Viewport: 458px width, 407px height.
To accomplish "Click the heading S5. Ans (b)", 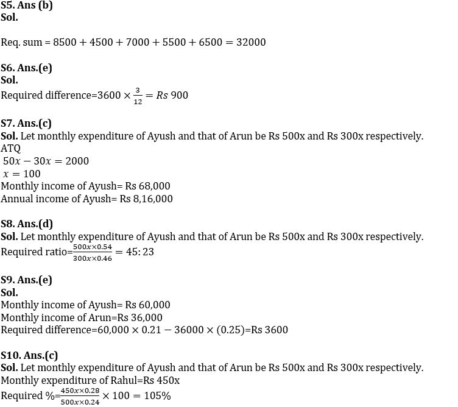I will click(x=27, y=5).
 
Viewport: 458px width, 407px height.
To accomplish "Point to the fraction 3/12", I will click(x=138, y=96).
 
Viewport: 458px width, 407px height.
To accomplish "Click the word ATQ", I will click(x=11, y=148).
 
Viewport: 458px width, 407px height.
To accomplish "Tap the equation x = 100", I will click(x=22, y=174).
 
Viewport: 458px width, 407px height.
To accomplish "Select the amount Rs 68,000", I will click(x=148, y=186).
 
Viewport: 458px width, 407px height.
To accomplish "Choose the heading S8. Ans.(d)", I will click(x=27, y=224).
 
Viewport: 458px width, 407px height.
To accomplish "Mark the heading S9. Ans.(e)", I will click(x=26, y=280).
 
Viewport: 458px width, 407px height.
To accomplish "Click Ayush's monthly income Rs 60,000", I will click(x=148, y=305).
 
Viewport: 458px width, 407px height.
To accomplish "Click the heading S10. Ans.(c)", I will click(x=29, y=355).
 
